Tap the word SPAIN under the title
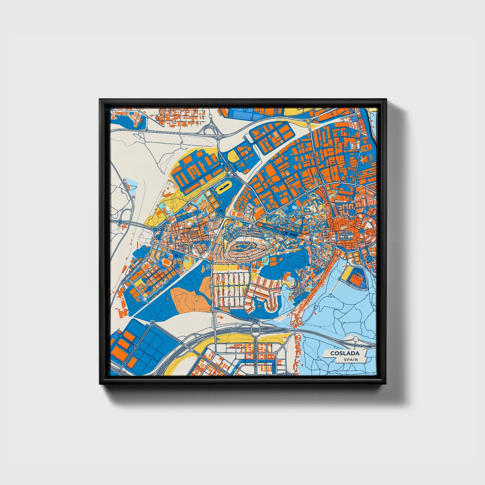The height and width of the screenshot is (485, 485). pos(350,360)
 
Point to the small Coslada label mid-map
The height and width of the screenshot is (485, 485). pos(243,242)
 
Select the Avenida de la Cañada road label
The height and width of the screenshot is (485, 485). pos(134,265)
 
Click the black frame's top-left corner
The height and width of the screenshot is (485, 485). pos(101,100)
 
